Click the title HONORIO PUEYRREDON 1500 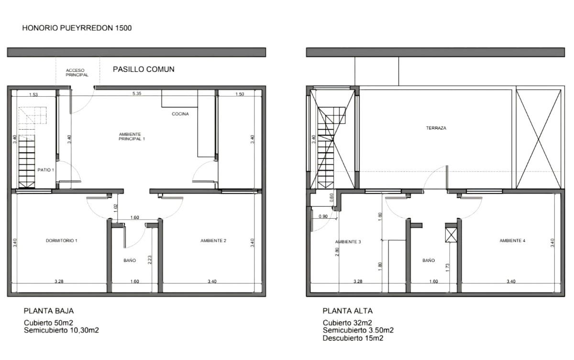(x=77, y=28)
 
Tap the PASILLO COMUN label (x=143, y=69)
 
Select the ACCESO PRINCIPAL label (x=77, y=73)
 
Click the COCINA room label (x=180, y=114)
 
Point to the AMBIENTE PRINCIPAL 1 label (x=132, y=136)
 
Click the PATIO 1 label (x=45, y=170)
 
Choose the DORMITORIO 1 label (x=62, y=240)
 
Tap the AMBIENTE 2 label (x=213, y=240)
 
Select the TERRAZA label (x=436, y=128)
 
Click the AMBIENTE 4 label (x=512, y=240)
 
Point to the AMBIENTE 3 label (x=348, y=242)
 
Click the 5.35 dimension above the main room (x=137, y=93)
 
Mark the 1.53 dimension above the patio (x=33, y=94)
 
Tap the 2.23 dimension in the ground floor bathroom (x=150, y=259)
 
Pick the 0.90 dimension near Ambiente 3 (x=323, y=216)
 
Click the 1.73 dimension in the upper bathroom (x=448, y=268)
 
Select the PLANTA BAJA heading (x=49, y=311)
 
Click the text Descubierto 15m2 (x=353, y=338)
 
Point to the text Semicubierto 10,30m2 (x=61, y=330)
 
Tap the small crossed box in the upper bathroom (x=451, y=236)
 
